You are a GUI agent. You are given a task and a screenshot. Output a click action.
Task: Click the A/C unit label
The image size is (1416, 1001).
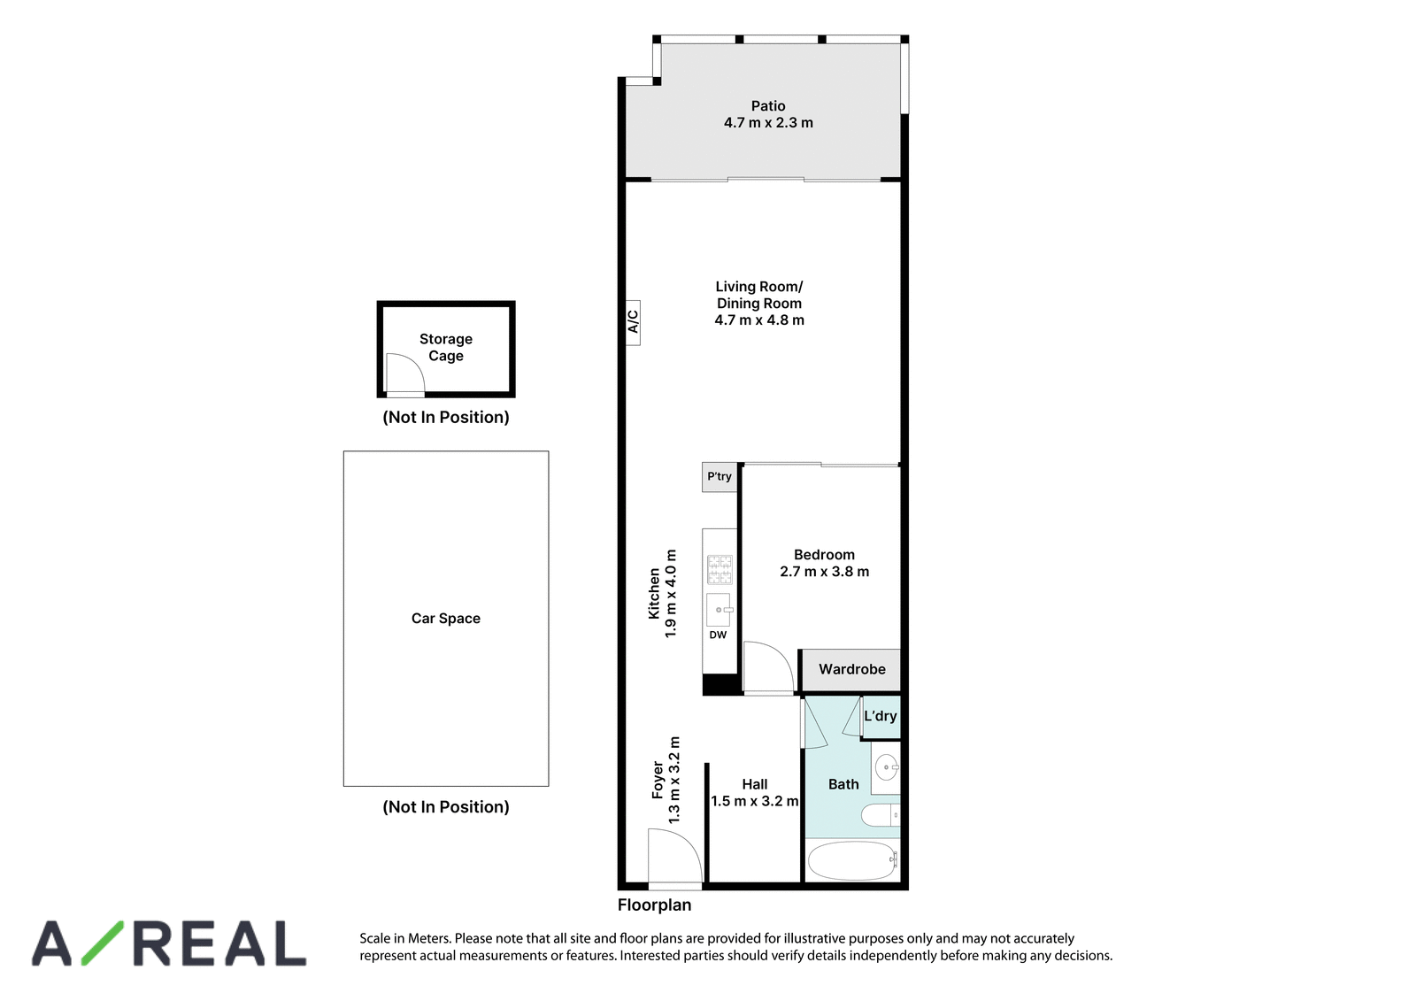coord(633,322)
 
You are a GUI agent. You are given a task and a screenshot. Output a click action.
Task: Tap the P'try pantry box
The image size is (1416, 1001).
coord(720,477)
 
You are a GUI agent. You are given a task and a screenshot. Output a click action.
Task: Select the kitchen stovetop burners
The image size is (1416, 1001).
coord(720,570)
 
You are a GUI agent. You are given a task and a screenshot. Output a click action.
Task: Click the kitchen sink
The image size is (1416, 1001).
coord(719,610)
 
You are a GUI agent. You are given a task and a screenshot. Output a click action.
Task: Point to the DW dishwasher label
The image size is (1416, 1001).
coord(718,635)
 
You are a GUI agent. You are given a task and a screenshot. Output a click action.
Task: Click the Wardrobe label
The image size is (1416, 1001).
coord(852,669)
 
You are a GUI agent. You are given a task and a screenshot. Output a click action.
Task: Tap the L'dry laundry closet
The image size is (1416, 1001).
coord(881,716)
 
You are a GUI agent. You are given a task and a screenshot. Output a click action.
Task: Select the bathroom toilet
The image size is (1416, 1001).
coord(881,815)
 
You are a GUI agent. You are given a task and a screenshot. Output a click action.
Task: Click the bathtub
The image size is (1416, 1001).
coord(853,860)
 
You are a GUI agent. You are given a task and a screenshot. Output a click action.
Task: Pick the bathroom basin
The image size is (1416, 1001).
coord(887,768)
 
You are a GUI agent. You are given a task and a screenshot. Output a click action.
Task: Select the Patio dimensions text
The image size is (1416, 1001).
coord(768,123)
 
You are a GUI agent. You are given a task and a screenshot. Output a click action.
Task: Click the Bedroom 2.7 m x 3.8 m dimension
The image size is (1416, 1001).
coord(824,572)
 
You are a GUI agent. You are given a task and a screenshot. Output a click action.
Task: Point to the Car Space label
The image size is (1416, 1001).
coord(446,619)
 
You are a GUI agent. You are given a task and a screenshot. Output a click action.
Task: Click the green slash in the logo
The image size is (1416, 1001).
coord(103,943)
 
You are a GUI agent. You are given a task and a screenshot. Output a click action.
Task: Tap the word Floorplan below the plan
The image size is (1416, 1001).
coord(654,905)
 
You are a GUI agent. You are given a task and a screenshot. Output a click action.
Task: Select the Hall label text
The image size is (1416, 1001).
coord(755,784)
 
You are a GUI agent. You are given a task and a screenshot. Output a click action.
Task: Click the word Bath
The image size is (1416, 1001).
coord(843,784)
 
